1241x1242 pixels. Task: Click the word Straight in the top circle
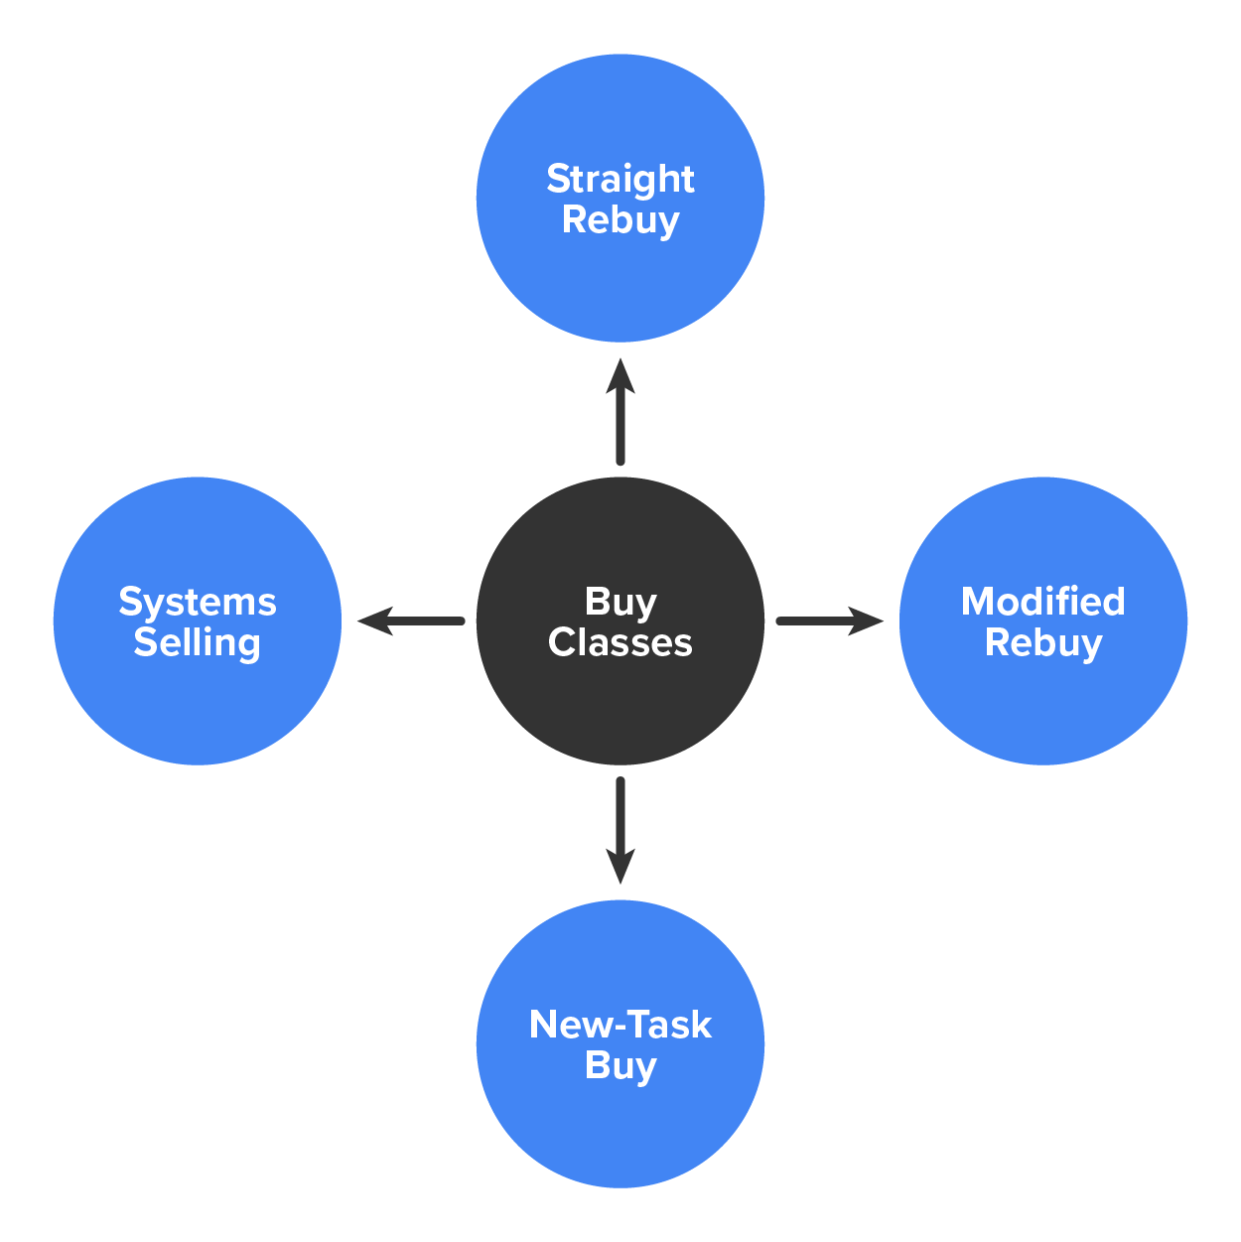[x=620, y=179]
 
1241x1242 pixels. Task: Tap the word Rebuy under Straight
[x=620, y=220]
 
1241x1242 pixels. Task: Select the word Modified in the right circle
[x=1042, y=602]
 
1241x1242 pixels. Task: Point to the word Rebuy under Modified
[x=1042, y=643]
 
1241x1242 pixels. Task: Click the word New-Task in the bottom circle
[x=620, y=1025]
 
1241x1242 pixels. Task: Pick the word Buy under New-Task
[x=620, y=1066]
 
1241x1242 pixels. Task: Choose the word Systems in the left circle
[x=198, y=602]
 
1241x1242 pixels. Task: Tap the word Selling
[x=198, y=643]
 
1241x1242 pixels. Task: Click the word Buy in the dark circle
[x=620, y=602]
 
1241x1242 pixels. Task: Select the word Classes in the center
[x=620, y=643]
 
